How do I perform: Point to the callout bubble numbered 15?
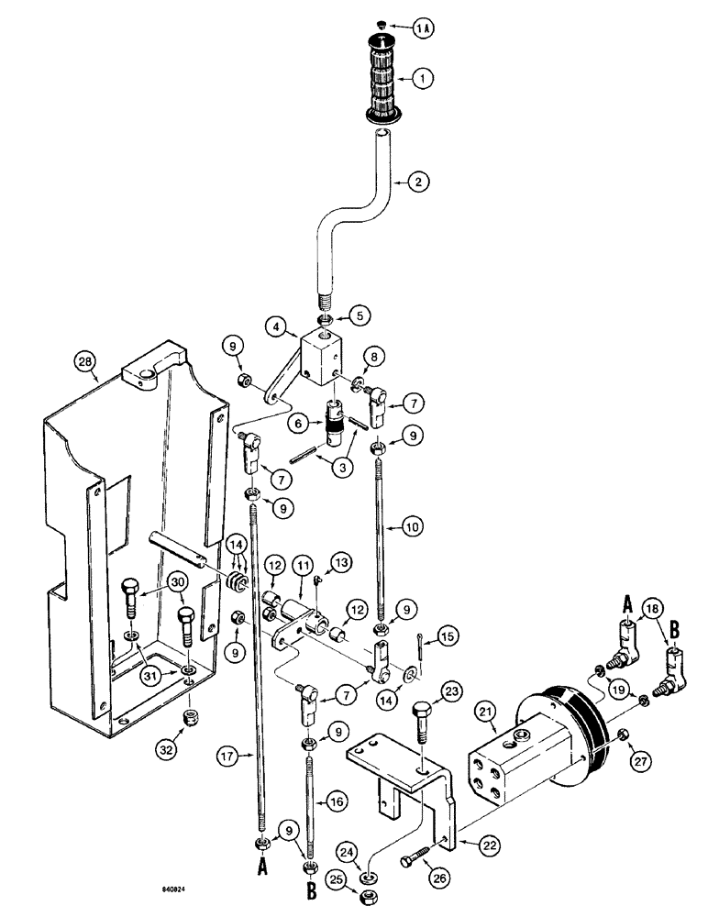point(449,633)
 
